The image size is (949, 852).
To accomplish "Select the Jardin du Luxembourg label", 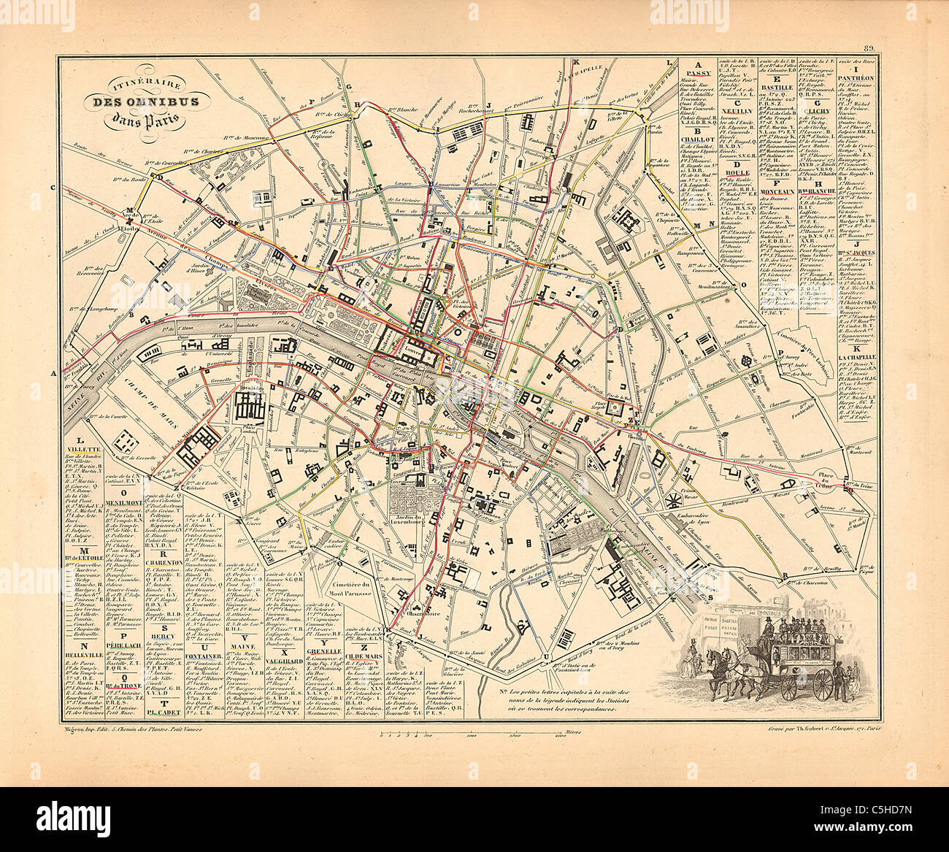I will [415, 519].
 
